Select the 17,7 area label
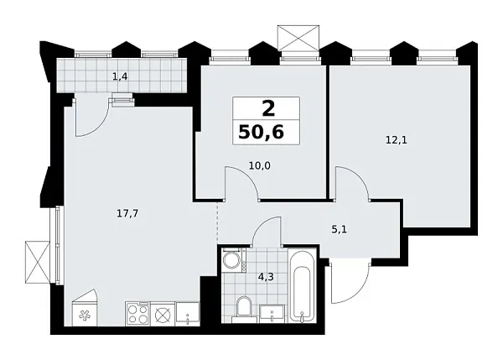pos(127,213)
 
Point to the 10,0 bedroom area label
pos(258,165)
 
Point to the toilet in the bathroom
pos(242,309)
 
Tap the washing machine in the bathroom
pos(232,261)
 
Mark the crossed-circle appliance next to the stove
pos(163,315)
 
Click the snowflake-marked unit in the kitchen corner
pos(83,315)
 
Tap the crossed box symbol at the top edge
pos(299,38)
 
